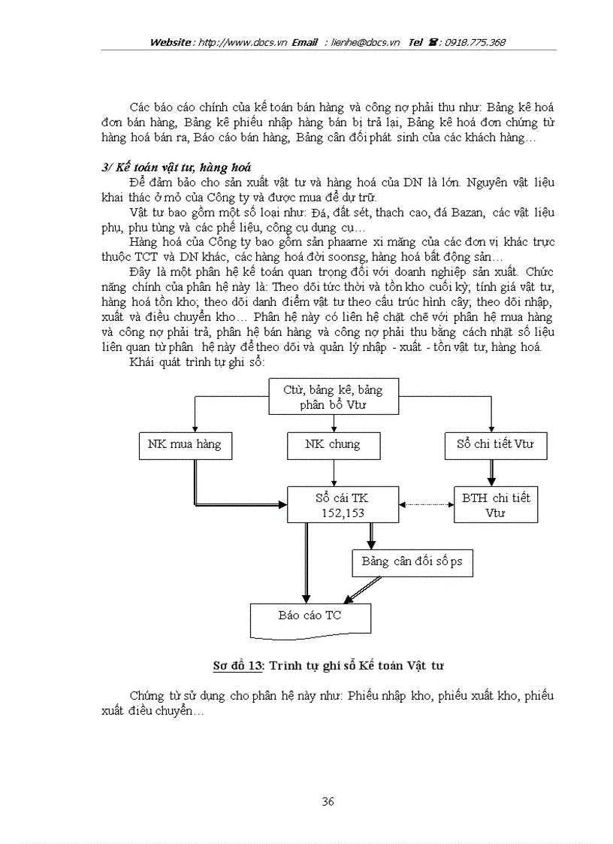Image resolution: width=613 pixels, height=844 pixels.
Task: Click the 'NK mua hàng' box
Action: click(x=184, y=444)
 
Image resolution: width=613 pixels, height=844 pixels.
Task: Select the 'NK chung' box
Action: click(x=333, y=444)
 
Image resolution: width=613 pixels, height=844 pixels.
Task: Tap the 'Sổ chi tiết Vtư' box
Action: click(x=495, y=444)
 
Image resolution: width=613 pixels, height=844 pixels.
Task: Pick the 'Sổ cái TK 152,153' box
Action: click(x=343, y=504)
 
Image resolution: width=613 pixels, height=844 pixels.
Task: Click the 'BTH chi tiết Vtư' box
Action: click(x=496, y=504)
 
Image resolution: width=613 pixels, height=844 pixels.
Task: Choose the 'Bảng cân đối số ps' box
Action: click(x=412, y=562)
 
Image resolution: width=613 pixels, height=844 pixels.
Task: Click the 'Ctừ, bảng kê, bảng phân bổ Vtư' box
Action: click(x=333, y=397)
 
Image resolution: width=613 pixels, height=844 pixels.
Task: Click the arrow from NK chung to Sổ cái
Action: click(x=333, y=472)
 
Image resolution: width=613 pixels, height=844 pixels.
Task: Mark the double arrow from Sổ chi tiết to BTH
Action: click(x=493, y=472)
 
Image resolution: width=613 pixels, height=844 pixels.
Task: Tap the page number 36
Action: click(x=328, y=801)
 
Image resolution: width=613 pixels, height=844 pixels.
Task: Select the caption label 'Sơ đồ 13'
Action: click(x=238, y=665)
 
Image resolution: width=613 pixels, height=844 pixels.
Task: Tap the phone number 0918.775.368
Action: click(x=475, y=42)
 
